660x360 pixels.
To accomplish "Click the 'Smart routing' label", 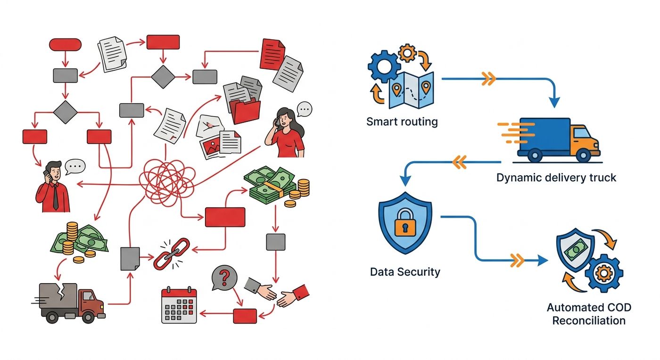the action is pos(402,122).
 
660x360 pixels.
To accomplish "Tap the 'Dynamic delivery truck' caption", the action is pos(556,178).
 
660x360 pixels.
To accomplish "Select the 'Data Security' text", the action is pos(405,271).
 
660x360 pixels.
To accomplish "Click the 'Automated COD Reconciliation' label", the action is pos(589,314).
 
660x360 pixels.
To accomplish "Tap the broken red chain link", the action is pos(172,254).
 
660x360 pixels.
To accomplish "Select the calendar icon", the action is pos(179,305).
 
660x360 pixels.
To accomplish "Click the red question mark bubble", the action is pos(224,278).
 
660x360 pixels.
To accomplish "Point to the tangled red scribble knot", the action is pos(167,182).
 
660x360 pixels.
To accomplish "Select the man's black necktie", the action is pos(55,197).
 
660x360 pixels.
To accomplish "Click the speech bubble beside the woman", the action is pos(305,109).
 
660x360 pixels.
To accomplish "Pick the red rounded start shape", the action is pos(65,44).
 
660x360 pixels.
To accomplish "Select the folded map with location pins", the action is pos(411,90).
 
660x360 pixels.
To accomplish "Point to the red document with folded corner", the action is pos(272,55).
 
